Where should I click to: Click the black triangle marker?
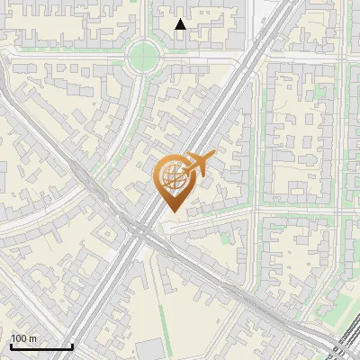[180, 24]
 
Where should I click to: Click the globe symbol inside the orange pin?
[173, 178]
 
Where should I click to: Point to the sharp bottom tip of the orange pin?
[172, 212]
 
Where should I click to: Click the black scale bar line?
[41, 346]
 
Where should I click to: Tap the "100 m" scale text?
[24, 338]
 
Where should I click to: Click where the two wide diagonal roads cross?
[139, 229]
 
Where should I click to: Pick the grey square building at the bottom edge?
[152, 350]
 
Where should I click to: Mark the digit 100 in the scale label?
[19, 338]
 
